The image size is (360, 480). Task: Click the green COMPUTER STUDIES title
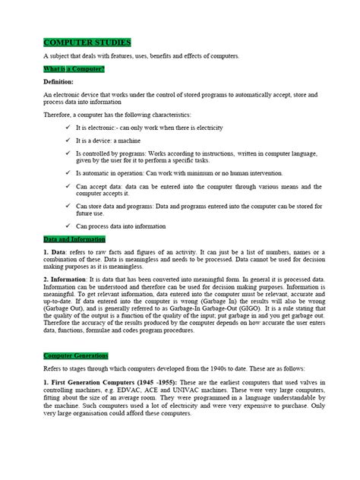(x=87, y=43)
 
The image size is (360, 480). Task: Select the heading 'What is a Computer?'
(x=74, y=69)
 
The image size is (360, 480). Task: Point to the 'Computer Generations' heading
(x=76, y=355)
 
